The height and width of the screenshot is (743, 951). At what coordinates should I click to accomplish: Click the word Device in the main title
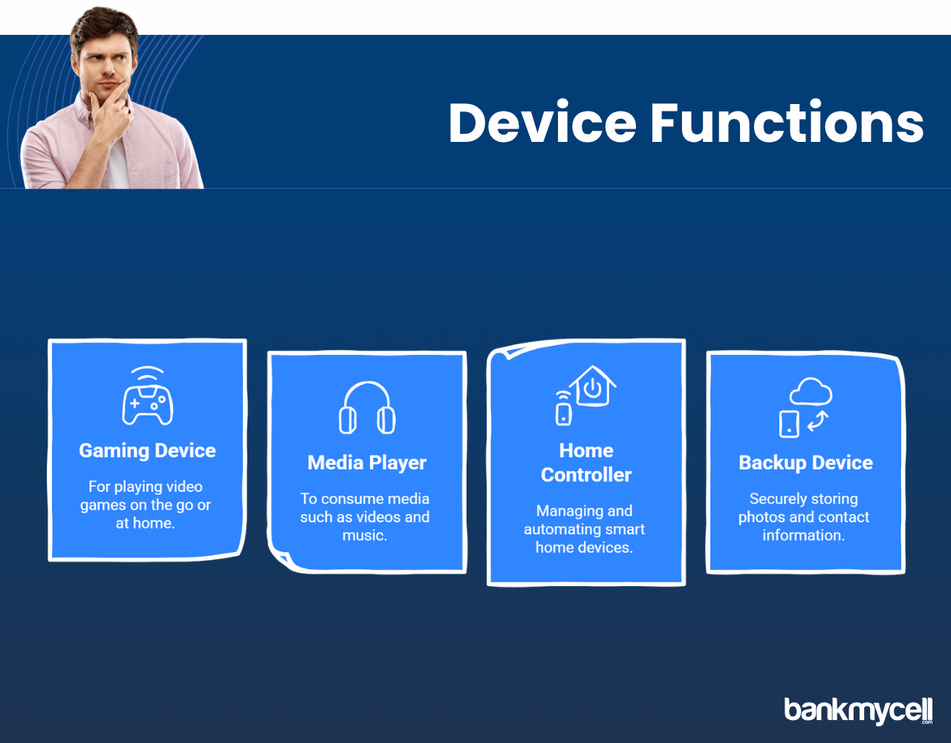(x=542, y=123)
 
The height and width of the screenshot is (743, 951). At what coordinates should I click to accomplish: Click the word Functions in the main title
(x=788, y=123)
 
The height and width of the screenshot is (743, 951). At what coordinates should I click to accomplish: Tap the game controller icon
(x=148, y=406)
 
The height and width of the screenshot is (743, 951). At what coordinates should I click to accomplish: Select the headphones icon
(x=367, y=408)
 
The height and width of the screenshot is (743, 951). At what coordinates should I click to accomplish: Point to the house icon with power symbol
(x=593, y=386)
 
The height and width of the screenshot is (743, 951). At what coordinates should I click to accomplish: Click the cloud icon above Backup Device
(x=811, y=392)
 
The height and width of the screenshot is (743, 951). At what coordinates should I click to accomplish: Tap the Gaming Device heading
(x=148, y=451)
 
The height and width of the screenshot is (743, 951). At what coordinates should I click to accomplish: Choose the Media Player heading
(x=367, y=463)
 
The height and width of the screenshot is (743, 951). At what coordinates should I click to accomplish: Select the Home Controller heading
(x=586, y=462)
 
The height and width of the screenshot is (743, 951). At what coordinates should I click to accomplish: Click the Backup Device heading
(x=805, y=463)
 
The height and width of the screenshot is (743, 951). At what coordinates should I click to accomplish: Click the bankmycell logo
(x=858, y=711)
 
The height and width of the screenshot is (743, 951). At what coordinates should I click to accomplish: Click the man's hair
(x=105, y=28)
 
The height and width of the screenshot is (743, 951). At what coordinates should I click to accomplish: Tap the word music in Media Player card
(x=365, y=535)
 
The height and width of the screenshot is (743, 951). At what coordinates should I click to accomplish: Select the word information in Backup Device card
(x=803, y=535)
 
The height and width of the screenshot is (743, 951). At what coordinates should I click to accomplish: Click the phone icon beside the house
(x=564, y=414)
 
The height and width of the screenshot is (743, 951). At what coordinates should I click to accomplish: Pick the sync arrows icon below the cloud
(x=817, y=421)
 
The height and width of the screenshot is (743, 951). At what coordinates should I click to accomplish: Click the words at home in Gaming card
(x=146, y=523)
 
